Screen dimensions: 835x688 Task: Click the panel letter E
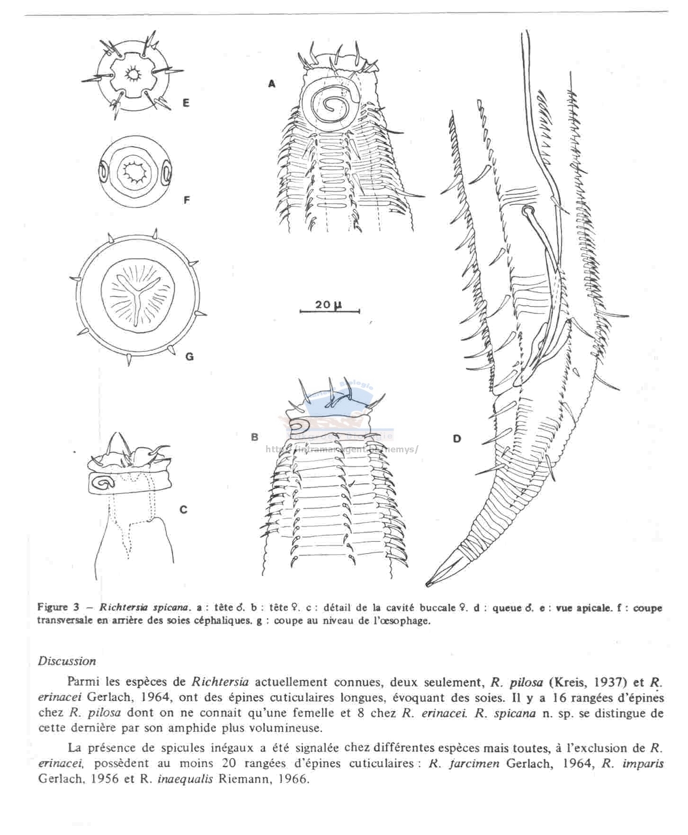tap(186, 102)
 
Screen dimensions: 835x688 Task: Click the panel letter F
tap(187, 200)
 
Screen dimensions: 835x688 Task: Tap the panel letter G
tap(189, 357)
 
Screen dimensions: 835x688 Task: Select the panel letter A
tap(271, 83)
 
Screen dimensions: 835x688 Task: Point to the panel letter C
tap(183, 510)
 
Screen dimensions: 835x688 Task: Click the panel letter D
tap(456, 438)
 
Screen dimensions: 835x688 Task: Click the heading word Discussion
tap(67, 661)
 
